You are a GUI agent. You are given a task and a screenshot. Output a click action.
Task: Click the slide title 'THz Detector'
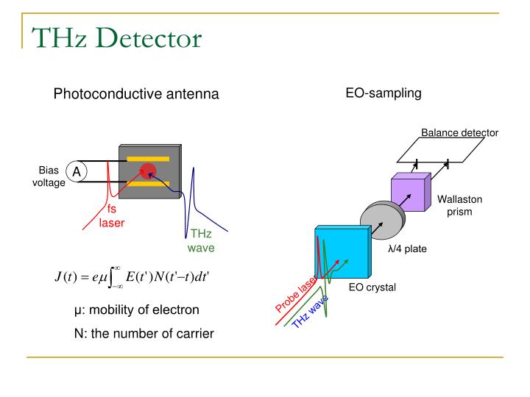point(116,37)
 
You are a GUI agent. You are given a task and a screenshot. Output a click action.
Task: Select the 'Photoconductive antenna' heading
point(136,94)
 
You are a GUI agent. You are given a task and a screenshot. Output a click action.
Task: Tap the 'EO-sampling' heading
point(384,93)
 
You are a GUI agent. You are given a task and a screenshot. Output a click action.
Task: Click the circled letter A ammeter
point(77,172)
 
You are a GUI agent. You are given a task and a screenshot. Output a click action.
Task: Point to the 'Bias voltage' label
point(49,176)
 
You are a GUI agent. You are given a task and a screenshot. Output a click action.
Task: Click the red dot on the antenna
point(149,171)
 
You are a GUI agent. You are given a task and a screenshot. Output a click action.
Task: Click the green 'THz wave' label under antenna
point(201,241)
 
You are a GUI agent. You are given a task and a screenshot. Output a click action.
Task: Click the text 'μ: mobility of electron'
point(132,310)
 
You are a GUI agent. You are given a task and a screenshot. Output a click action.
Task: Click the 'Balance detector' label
point(459,133)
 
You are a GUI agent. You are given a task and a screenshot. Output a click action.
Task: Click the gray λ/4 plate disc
point(381,219)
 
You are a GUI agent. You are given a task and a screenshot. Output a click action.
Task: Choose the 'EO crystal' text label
point(372,287)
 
